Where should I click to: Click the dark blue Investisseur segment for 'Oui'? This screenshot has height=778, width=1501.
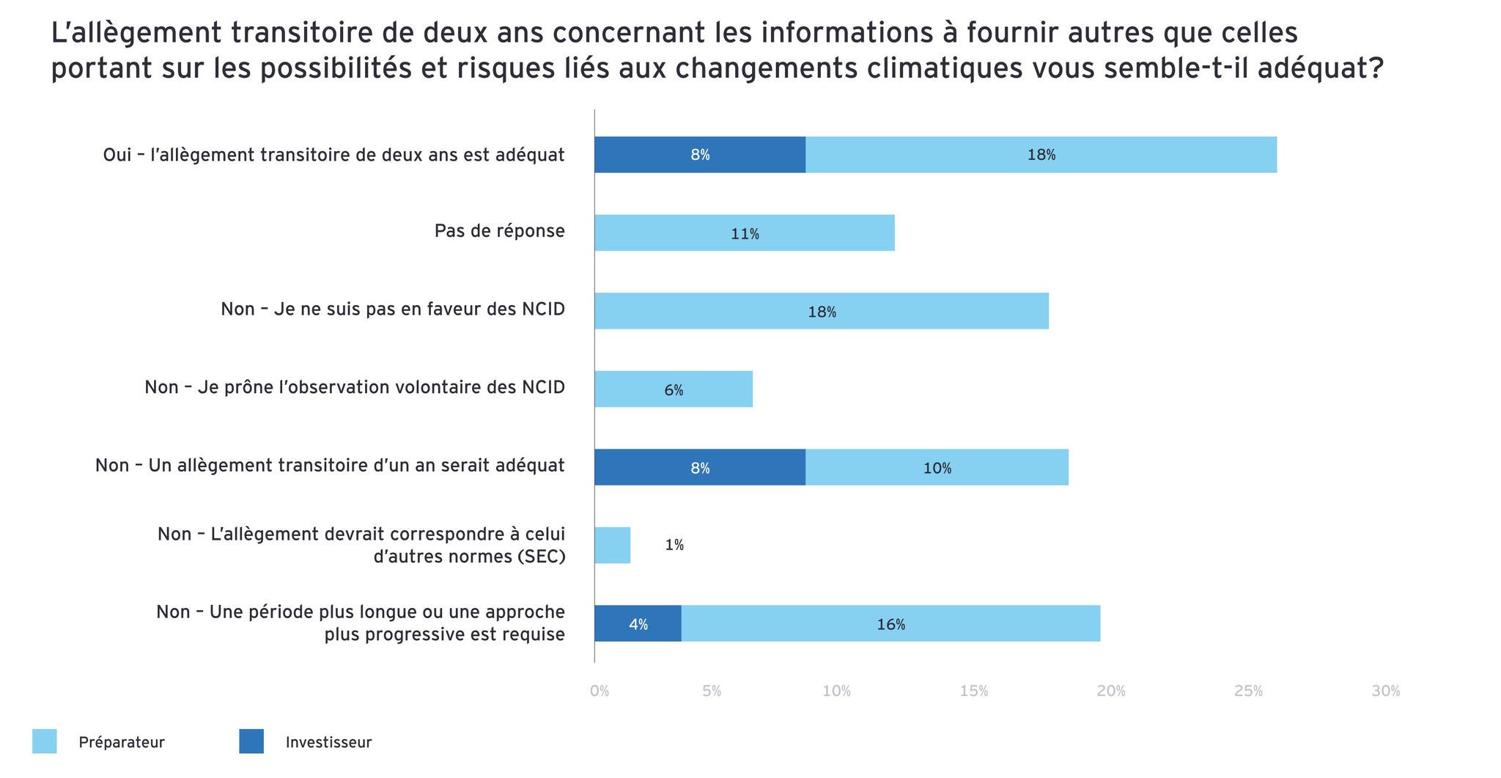pyautogui.click(x=699, y=155)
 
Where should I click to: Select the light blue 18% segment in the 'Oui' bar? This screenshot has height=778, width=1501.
pyautogui.click(x=1041, y=155)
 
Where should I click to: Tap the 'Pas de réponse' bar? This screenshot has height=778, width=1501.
pyautogui.click(x=744, y=233)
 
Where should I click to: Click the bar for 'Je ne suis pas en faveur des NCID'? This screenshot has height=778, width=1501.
pyautogui.click(x=821, y=311)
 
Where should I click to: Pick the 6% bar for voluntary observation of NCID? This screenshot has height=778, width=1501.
pyautogui.click(x=673, y=389)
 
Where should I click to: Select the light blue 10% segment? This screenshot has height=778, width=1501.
pyautogui.click(x=936, y=467)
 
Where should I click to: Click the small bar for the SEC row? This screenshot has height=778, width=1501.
pyautogui.click(x=612, y=546)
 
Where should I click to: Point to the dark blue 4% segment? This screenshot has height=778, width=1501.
pyautogui.click(x=638, y=623)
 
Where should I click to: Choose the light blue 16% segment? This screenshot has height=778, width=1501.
pyautogui.click(x=890, y=623)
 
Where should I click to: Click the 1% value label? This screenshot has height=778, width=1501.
pyautogui.click(x=674, y=545)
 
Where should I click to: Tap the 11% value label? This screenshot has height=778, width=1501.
pyautogui.click(x=745, y=234)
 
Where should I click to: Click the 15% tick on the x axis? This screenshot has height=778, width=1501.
pyautogui.click(x=973, y=691)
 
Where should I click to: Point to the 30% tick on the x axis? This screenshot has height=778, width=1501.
pyautogui.click(x=1385, y=691)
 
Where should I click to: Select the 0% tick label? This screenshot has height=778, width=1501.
pyautogui.click(x=600, y=691)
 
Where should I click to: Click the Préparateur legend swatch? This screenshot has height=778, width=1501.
pyautogui.click(x=45, y=741)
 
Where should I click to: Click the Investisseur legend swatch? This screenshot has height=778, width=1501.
pyautogui.click(x=251, y=741)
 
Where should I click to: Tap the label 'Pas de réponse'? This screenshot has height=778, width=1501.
pyautogui.click(x=499, y=231)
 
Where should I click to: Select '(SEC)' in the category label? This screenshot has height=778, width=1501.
pyautogui.click(x=541, y=556)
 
